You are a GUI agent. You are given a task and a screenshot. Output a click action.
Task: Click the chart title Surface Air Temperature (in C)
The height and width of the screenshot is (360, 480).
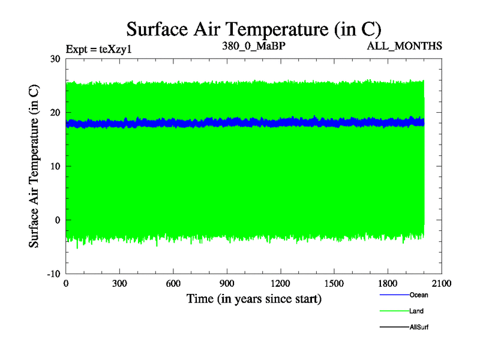pyautogui.click(x=253, y=28)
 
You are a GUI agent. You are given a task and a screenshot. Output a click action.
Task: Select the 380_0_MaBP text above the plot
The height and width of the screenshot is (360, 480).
pyautogui.click(x=248, y=46)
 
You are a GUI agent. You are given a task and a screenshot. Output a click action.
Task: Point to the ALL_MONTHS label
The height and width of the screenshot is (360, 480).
pyautogui.click(x=409, y=46)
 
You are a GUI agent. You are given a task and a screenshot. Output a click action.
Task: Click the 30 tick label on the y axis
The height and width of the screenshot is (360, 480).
pyautogui.click(x=55, y=59)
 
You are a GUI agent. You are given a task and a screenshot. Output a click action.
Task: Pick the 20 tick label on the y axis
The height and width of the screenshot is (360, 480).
pyautogui.click(x=55, y=113)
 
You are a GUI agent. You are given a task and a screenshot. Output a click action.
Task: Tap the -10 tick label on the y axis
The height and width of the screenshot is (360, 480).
pyautogui.click(x=53, y=274)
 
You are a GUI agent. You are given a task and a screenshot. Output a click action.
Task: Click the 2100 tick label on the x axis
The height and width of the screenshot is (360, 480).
pyautogui.click(x=442, y=284)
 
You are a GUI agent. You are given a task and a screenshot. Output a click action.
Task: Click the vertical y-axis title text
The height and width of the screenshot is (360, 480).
pyautogui.click(x=35, y=166)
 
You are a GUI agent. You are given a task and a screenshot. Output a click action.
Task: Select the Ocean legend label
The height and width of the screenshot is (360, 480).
pyautogui.click(x=419, y=295)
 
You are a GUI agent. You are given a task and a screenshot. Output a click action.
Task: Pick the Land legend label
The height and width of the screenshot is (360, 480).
pyautogui.click(x=416, y=311)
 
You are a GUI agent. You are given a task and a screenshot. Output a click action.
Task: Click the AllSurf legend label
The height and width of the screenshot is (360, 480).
pyautogui.click(x=419, y=327)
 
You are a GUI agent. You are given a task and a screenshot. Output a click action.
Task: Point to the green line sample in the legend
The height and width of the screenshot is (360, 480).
pyautogui.click(x=394, y=311)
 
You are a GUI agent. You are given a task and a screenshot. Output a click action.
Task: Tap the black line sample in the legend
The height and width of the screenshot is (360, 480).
pyautogui.click(x=394, y=327)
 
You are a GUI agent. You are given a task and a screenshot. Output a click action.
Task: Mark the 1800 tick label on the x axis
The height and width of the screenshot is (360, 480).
pyautogui.click(x=388, y=284)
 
